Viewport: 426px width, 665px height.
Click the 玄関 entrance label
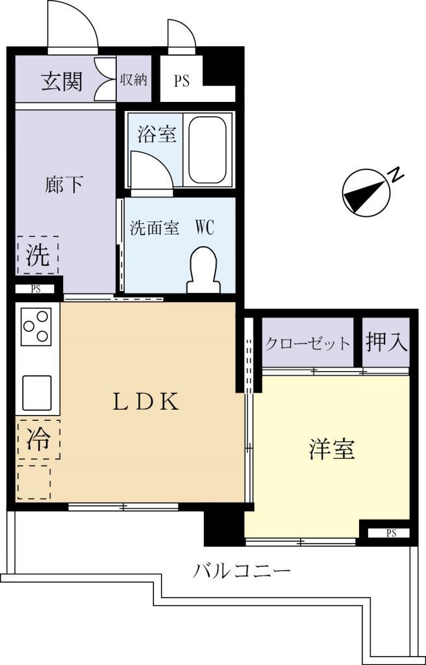[x=62, y=82]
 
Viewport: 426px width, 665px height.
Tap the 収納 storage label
[x=133, y=81]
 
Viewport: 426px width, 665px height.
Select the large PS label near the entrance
[x=181, y=82]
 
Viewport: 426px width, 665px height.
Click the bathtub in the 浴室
[x=207, y=150]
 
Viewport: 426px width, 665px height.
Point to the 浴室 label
[x=157, y=134]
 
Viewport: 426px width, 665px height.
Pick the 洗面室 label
[x=154, y=229]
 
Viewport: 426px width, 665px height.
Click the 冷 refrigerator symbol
[x=38, y=440]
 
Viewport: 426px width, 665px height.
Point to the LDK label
[x=145, y=403]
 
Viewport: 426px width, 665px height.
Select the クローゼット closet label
[x=308, y=344]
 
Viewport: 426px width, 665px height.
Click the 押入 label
[x=386, y=342]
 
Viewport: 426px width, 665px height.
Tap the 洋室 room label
[x=331, y=449]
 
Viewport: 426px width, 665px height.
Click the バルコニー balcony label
[x=242, y=571]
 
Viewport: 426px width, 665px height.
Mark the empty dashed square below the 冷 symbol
[x=34, y=481]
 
